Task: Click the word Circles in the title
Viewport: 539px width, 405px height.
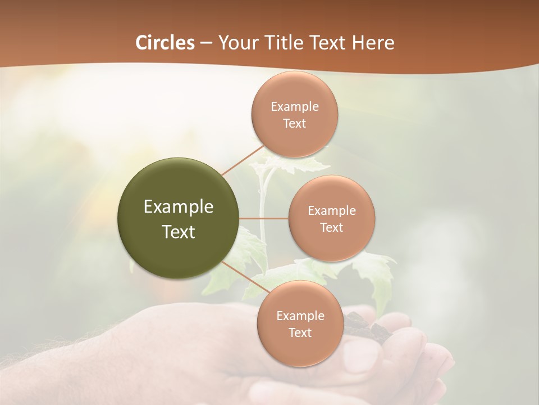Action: [x=165, y=43]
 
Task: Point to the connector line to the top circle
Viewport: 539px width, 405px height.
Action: [x=242, y=161]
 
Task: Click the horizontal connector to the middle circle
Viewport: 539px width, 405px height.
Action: [x=264, y=218]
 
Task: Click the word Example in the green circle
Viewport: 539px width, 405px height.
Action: [x=178, y=207]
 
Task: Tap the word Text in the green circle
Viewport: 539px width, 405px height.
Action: [x=178, y=232]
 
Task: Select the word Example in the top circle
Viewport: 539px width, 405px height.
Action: [x=294, y=107]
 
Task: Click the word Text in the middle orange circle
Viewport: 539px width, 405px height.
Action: [x=331, y=227]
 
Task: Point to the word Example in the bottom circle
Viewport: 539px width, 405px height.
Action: [x=300, y=316]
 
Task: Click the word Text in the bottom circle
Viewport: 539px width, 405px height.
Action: [x=300, y=332]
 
